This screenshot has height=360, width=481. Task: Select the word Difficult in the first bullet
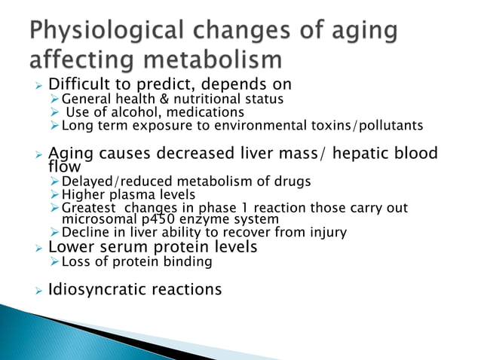point(81,84)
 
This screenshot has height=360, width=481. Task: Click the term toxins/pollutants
point(360,126)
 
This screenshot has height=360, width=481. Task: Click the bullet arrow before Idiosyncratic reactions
point(38,290)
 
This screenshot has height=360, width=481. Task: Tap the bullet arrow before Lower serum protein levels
point(38,247)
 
